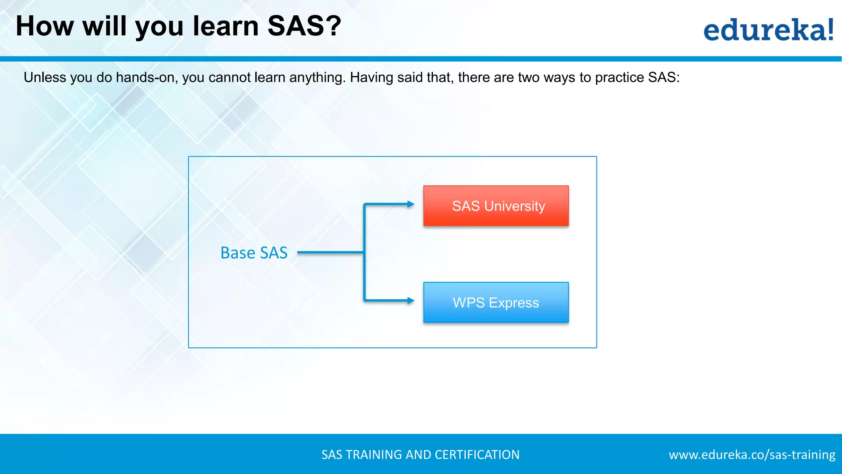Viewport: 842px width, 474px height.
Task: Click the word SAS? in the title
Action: click(x=304, y=26)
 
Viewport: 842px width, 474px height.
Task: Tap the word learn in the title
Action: click(x=226, y=26)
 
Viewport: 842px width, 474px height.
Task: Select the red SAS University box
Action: click(x=496, y=206)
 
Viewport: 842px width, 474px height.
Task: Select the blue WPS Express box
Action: click(x=496, y=302)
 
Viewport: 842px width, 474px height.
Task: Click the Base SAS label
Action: click(x=254, y=253)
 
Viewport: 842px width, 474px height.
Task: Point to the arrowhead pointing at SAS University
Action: click(x=410, y=204)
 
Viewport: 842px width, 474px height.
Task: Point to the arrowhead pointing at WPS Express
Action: click(x=410, y=301)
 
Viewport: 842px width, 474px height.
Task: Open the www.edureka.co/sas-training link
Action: click(x=752, y=455)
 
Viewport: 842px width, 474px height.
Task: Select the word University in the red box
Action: click(x=515, y=206)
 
